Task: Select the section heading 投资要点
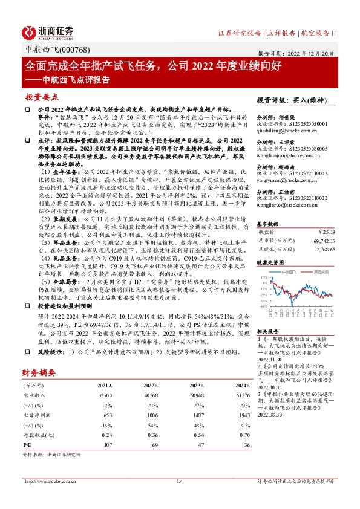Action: tap(42, 97)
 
